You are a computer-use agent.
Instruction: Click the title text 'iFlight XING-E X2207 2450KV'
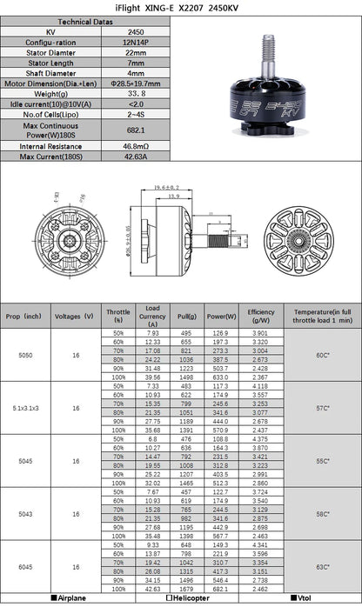tap(180, 6)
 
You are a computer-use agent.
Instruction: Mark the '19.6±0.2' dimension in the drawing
tap(165, 187)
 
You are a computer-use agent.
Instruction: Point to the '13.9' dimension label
tap(175, 197)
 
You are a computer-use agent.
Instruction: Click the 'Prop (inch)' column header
tap(27, 316)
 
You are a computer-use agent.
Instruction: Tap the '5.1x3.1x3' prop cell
tap(27, 406)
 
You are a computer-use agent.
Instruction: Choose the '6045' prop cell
tap(27, 566)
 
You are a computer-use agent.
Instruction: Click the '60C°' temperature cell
tap(322, 355)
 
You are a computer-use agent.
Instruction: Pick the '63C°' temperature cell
tap(322, 566)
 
